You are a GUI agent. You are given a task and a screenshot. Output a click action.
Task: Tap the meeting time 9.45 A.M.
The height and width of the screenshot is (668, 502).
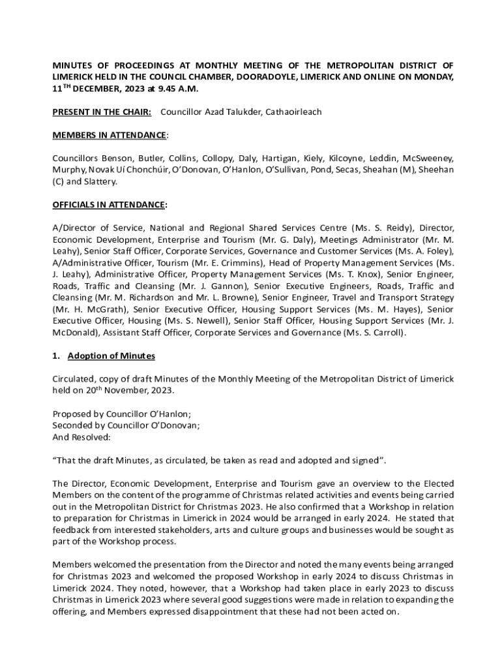click(177, 89)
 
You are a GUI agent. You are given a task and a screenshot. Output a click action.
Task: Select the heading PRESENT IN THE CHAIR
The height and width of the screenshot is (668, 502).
click(102, 112)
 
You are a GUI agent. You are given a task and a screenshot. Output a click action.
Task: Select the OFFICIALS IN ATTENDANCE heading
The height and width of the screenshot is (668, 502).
click(109, 205)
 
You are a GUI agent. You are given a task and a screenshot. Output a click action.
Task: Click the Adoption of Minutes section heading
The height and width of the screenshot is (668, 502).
click(111, 356)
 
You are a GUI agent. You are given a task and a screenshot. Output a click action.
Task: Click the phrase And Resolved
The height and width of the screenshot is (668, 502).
click(81, 437)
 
